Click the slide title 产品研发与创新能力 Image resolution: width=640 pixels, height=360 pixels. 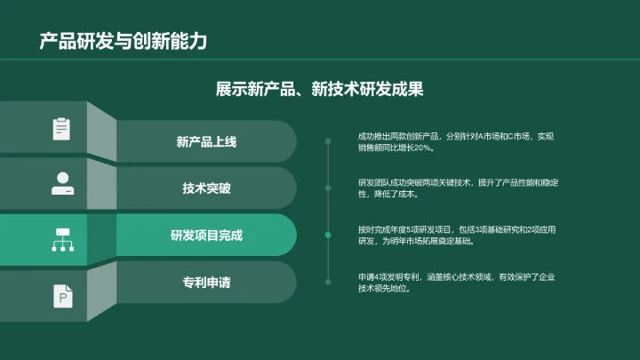point(123,42)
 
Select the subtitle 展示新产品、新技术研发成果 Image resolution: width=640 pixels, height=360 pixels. point(319,89)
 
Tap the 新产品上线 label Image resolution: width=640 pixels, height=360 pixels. point(206,142)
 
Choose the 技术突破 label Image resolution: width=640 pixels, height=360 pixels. point(206,188)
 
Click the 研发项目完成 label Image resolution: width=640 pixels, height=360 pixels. point(206,236)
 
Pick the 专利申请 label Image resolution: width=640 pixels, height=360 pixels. point(206,283)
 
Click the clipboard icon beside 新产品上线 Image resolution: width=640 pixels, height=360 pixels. point(61,129)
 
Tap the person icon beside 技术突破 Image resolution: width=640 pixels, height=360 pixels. point(61,183)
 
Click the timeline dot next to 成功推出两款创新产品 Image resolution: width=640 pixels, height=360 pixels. point(328,141)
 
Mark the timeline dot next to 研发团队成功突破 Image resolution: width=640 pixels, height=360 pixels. point(328,188)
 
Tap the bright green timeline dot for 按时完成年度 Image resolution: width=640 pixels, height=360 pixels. point(328,235)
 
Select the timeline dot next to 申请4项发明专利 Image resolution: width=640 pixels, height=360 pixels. point(328,282)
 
